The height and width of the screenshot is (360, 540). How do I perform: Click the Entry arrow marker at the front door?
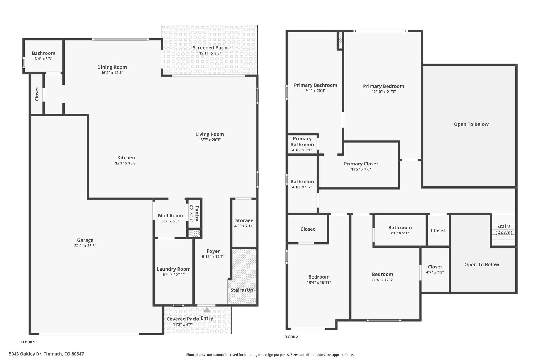[207, 310]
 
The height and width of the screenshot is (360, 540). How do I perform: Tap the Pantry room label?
[197, 213]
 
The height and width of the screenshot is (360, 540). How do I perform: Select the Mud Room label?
[170, 215]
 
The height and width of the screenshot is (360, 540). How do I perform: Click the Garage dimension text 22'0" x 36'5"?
[85, 246]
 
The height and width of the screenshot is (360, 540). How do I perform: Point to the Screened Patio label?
[210, 48]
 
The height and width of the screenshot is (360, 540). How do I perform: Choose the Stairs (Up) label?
[243, 290]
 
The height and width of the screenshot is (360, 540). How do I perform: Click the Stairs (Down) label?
[504, 229]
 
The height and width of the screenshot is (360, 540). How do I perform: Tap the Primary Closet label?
[361, 164]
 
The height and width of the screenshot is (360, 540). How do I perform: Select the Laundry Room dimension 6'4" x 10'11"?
[173, 275]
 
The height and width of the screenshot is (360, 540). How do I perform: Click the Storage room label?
[244, 220]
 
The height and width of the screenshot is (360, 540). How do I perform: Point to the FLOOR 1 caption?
[28, 342]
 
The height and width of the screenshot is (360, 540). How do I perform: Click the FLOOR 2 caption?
[291, 337]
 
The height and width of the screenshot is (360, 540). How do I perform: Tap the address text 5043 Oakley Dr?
[26, 354]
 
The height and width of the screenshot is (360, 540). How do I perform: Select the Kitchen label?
[126, 158]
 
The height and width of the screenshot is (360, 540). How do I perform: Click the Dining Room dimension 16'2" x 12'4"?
[112, 73]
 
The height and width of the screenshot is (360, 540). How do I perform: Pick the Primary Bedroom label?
[383, 86]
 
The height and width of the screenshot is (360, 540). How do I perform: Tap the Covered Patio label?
[183, 319]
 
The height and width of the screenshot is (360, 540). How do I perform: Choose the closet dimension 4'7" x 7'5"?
[435, 272]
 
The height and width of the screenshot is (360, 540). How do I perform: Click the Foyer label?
[213, 251]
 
